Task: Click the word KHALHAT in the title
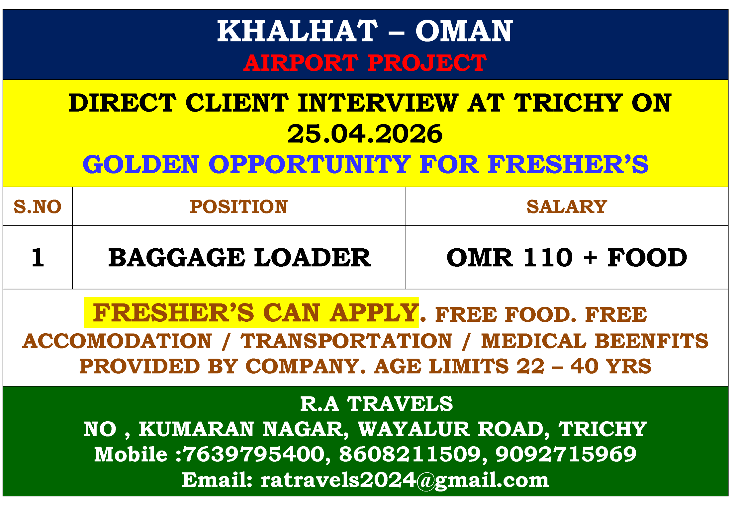click(297, 31)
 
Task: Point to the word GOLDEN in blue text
click(141, 165)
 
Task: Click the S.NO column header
click(37, 207)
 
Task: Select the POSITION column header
click(239, 207)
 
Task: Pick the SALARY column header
click(567, 207)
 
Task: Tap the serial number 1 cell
click(37, 258)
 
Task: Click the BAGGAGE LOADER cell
click(239, 258)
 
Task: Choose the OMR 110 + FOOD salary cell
click(567, 258)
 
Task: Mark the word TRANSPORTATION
click(346, 341)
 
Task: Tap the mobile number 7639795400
click(254, 454)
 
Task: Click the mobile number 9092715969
click(566, 454)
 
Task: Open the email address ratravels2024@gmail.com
click(405, 480)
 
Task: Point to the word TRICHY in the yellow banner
click(568, 103)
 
